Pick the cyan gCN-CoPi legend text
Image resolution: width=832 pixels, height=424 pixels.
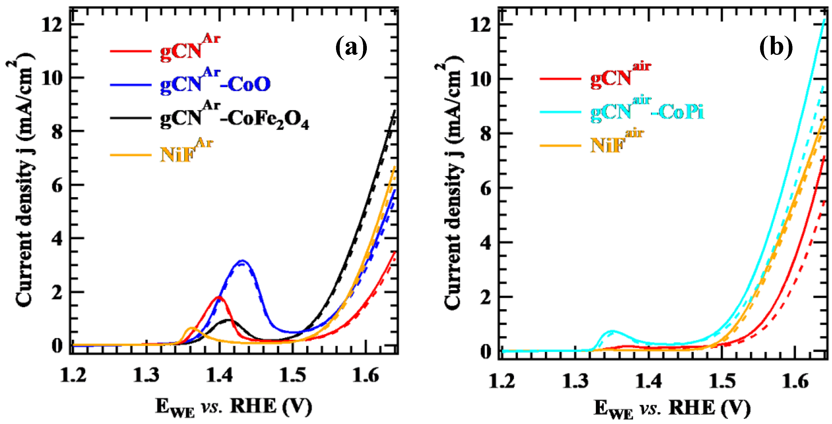click(x=647, y=111)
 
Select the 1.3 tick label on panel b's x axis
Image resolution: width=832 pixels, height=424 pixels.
click(x=575, y=381)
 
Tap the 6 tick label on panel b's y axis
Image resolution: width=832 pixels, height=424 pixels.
click(x=485, y=188)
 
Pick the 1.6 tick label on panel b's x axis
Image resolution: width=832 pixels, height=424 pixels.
click(x=795, y=381)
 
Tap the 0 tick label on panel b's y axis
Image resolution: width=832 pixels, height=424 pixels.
click(x=485, y=351)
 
